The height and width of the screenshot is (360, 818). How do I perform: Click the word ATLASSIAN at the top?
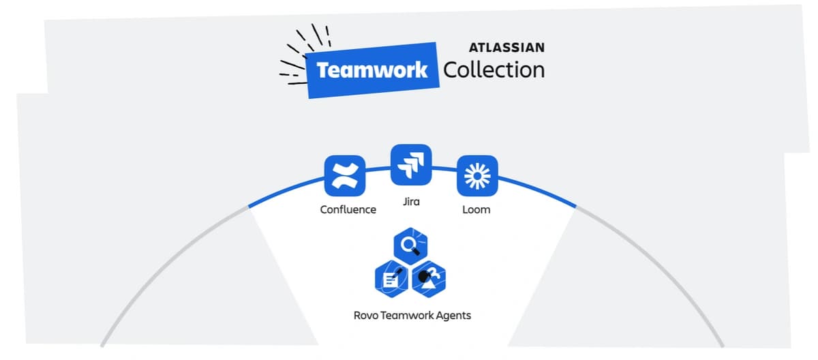click(506, 48)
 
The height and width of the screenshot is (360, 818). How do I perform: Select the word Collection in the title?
click(494, 70)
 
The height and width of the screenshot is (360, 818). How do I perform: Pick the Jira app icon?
click(411, 164)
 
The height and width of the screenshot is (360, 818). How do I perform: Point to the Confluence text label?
click(348, 209)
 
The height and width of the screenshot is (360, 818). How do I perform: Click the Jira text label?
click(411, 202)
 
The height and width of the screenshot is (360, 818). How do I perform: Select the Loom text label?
click(476, 209)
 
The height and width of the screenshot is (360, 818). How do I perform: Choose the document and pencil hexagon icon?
click(393, 277)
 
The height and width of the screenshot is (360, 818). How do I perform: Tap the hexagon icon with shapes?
click(430, 277)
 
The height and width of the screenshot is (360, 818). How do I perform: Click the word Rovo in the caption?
click(367, 316)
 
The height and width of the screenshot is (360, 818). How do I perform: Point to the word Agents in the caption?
click(453, 316)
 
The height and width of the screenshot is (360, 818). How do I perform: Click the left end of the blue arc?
click(251, 206)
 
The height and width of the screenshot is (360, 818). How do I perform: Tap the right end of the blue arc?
click(575, 205)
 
